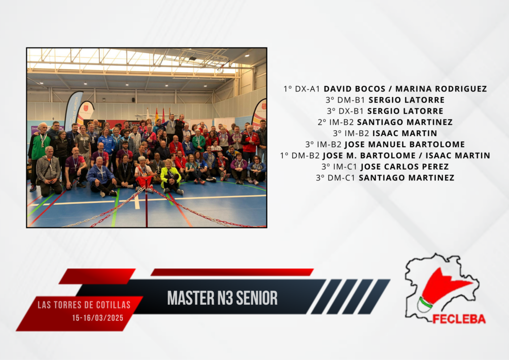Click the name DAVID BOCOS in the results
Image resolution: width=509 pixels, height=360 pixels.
(354, 89)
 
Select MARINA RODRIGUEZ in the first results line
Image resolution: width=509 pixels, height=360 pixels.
(441, 89)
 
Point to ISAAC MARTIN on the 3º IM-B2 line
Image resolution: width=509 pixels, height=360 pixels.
(405, 133)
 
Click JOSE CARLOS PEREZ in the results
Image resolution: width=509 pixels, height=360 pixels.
(405, 167)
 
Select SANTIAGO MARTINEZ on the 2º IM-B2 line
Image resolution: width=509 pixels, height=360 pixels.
(405, 122)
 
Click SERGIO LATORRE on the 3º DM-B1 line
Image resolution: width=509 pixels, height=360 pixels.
(407, 100)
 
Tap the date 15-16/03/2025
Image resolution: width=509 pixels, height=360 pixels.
(98, 318)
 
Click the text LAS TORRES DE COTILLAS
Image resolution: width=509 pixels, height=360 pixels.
(84, 305)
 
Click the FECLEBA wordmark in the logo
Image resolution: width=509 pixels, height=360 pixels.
(459, 319)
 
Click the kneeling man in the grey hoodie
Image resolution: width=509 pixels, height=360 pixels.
(49, 172)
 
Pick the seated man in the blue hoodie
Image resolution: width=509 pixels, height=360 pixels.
(101, 177)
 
